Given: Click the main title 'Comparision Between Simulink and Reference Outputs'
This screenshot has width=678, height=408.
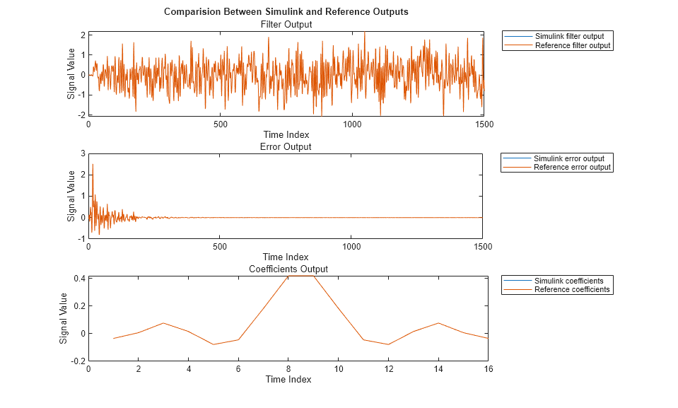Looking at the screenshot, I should coord(286,12).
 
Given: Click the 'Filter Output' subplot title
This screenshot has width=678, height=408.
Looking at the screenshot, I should coord(286,24).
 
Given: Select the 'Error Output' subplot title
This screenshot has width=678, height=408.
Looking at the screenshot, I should coord(286,146).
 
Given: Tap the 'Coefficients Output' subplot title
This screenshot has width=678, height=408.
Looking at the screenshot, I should coord(288,269).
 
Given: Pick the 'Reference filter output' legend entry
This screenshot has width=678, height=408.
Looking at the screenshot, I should coord(573,45).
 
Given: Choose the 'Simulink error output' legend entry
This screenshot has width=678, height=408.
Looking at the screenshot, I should coord(573,158).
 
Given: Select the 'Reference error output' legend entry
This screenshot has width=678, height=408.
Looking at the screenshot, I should coord(573,167).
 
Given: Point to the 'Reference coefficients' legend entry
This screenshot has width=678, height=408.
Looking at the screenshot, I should coord(572,289).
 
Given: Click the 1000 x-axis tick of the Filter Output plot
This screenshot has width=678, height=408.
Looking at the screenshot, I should coord(352,124).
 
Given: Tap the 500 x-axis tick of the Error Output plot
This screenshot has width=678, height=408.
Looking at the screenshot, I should coord(220,247).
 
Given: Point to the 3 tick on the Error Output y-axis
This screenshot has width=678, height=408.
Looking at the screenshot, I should coord(82,153).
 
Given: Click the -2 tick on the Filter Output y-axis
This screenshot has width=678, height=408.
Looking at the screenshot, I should coord(81,115).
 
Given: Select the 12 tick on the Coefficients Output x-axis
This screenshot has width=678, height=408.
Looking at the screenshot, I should coord(387,368).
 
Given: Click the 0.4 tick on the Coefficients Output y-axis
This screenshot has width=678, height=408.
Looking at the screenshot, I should coord(78,279).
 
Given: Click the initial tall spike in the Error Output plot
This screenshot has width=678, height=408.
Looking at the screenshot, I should coord(93,165).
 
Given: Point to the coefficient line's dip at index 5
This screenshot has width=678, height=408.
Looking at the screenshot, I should coord(214,344).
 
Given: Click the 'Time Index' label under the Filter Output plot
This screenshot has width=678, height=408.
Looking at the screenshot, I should coord(286,134).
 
